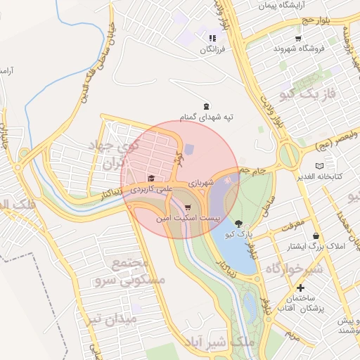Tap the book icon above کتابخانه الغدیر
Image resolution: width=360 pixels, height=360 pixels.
321,165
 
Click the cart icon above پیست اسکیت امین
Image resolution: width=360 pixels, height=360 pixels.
187,208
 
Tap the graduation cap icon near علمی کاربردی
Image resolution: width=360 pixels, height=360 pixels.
150,178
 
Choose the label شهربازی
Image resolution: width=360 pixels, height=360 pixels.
200,182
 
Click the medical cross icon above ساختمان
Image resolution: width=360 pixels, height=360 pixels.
301,288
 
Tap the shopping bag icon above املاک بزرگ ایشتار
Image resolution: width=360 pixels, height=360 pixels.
316,236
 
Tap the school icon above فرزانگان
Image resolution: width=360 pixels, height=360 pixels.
212,39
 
